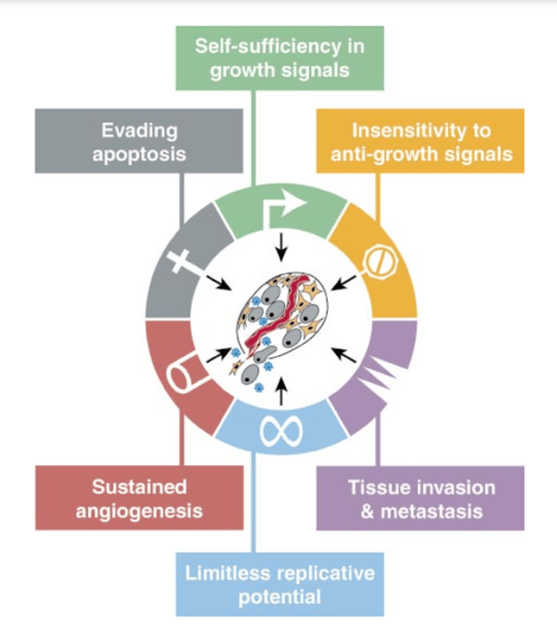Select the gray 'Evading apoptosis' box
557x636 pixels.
coord(138,141)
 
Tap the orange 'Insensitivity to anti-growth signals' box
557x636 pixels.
coord(420,141)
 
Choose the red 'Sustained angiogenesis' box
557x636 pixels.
coord(138,498)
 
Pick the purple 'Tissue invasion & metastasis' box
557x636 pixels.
coord(420,498)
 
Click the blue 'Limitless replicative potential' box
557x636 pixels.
coord(279,583)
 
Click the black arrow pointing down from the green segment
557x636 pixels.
coord(283,242)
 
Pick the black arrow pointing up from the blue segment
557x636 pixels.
coord(283,390)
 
